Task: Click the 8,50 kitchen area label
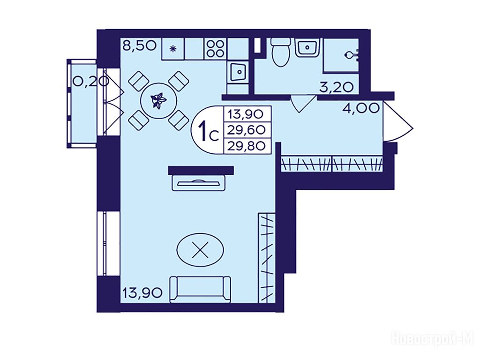pyautogui.click(x=140, y=46)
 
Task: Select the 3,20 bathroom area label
pyautogui.click(x=337, y=88)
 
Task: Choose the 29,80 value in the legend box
pyautogui.click(x=247, y=146)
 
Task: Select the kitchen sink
pyautogui.click(x=238, y=72)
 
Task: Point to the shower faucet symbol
pyautogui.click(x=352, y=55)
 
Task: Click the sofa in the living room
pyautogui.click(x=200, y=289)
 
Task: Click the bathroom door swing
pyautogui.click(x=303, y=104)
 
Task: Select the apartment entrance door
pyautogui.click(x=397, y=122)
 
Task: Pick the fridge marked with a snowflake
pyautogui.click(x=173, y=48)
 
